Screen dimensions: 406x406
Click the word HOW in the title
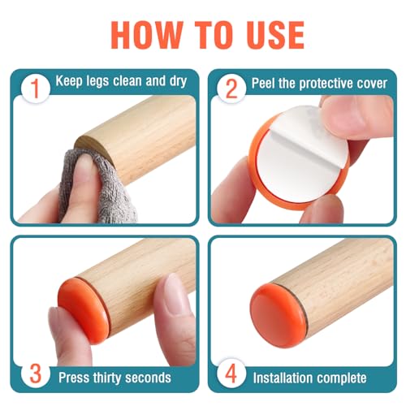click(x=147, y=35)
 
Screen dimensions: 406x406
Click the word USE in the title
click(x=272, y=35)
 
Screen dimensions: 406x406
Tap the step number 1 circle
click(x=36, y=88)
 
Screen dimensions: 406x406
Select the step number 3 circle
click(x=36, y=374)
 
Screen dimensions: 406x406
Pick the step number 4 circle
click(x=231, y=374)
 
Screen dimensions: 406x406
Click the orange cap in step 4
click(x=279, y=315)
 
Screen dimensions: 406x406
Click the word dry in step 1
click(x=178, y=81)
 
